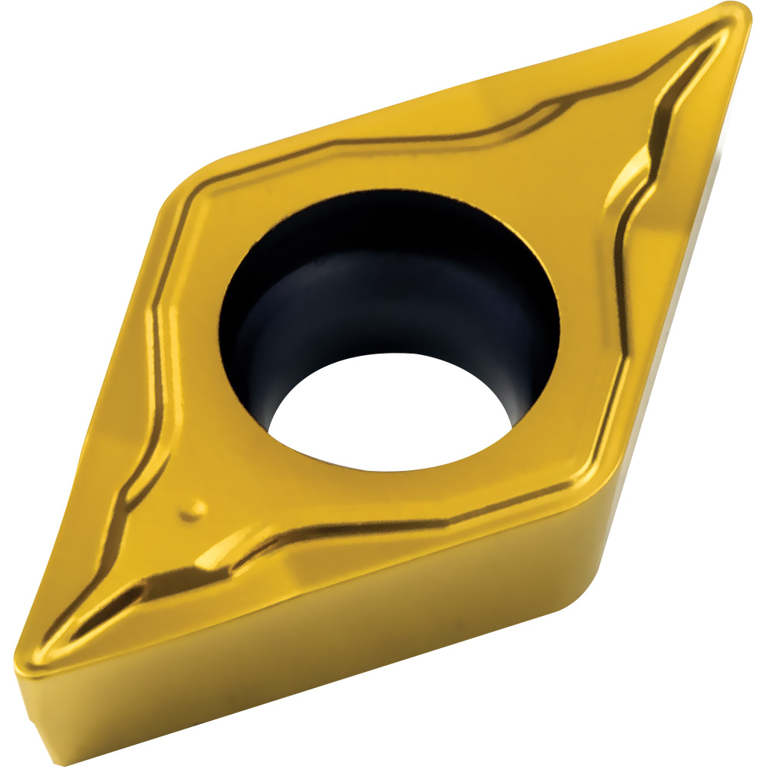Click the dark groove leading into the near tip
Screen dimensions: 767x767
tap(115, 606)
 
